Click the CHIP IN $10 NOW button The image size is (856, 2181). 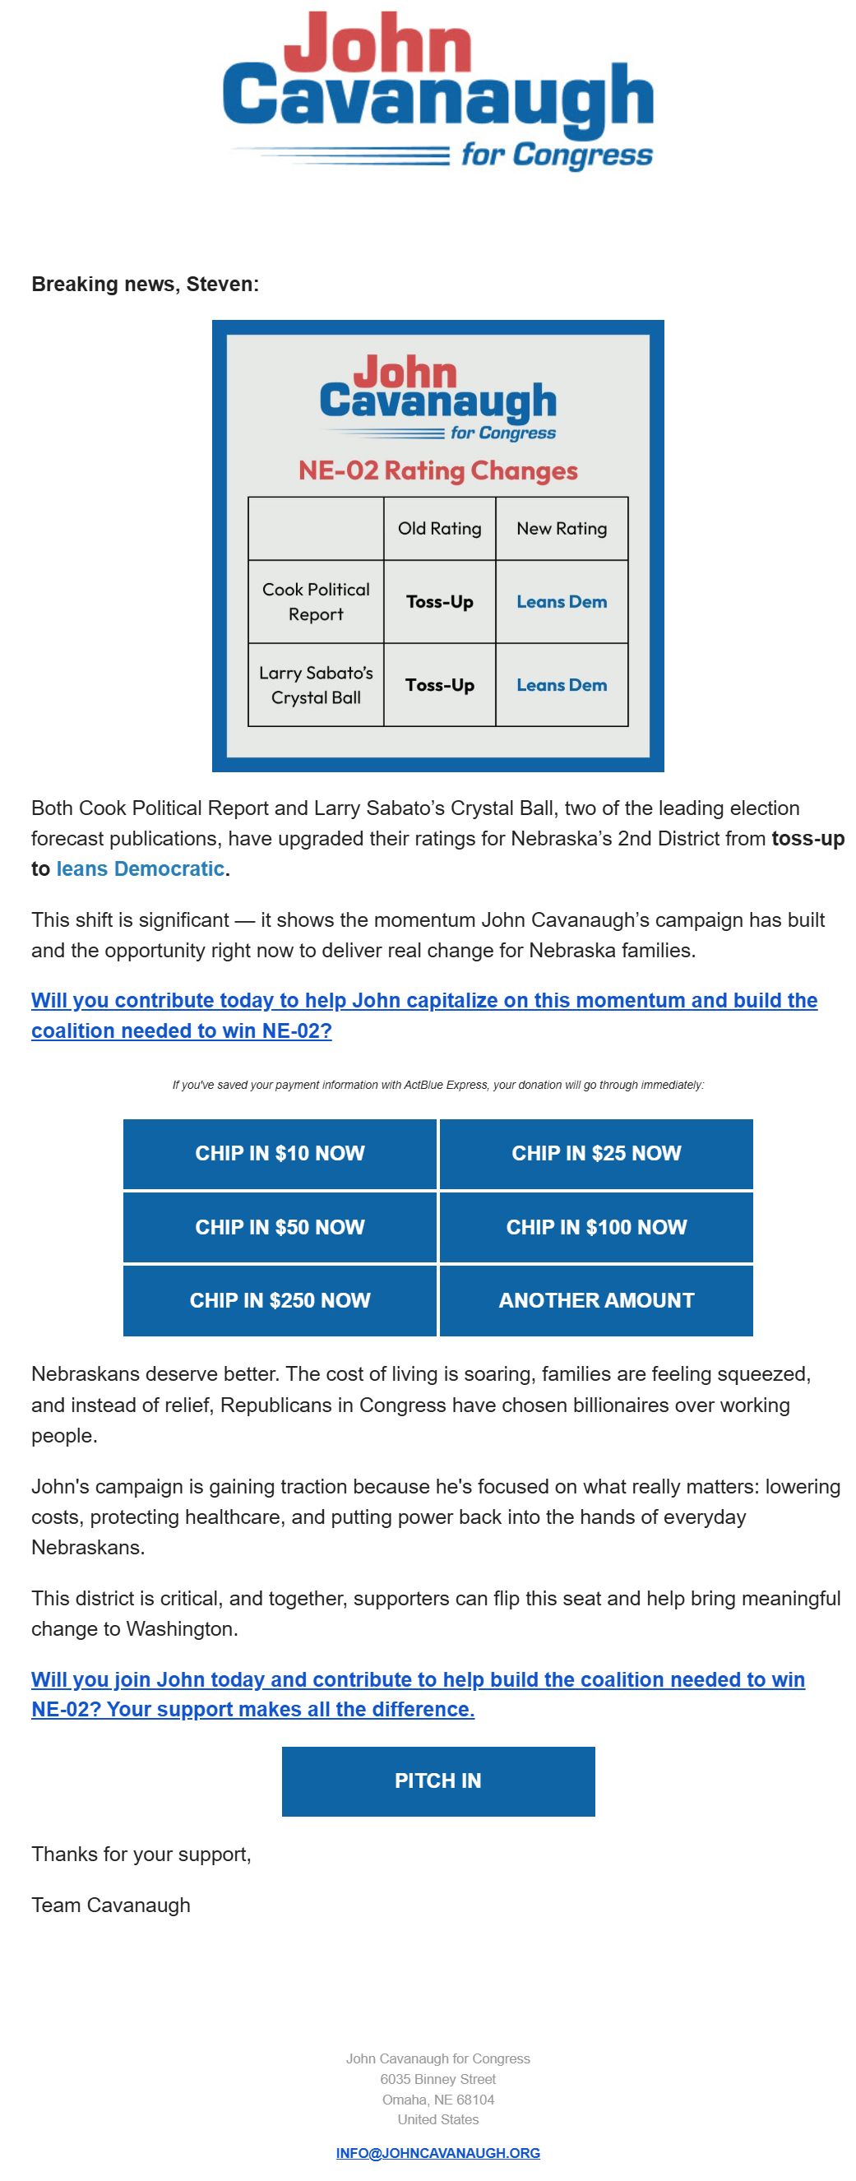[280, 1153]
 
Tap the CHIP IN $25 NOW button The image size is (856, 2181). [596, 1153]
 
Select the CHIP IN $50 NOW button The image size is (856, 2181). [280, 1227]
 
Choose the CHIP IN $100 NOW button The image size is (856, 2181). [596, 1227]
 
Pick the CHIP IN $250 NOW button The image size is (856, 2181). [280, 1300]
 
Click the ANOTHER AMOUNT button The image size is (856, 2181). [596, 1300]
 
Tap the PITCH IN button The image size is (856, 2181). [437, 1780]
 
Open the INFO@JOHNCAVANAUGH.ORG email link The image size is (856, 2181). [437, 2152]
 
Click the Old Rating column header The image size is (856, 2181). [439, 528]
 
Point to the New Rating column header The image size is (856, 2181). [562, 528]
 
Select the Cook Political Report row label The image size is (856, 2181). [316, 601]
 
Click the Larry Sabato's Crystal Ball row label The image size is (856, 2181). [316, 685]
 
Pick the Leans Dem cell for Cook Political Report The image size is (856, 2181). [562, 602]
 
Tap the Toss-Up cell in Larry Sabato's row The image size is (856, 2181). [439, 685]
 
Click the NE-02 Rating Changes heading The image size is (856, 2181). [437, 470]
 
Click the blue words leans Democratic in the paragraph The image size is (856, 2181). [140, 868]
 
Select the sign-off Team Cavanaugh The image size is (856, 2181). [111, 1905]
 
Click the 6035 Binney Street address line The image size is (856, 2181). [437, 2078]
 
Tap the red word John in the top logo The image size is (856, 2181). [377, 44]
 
